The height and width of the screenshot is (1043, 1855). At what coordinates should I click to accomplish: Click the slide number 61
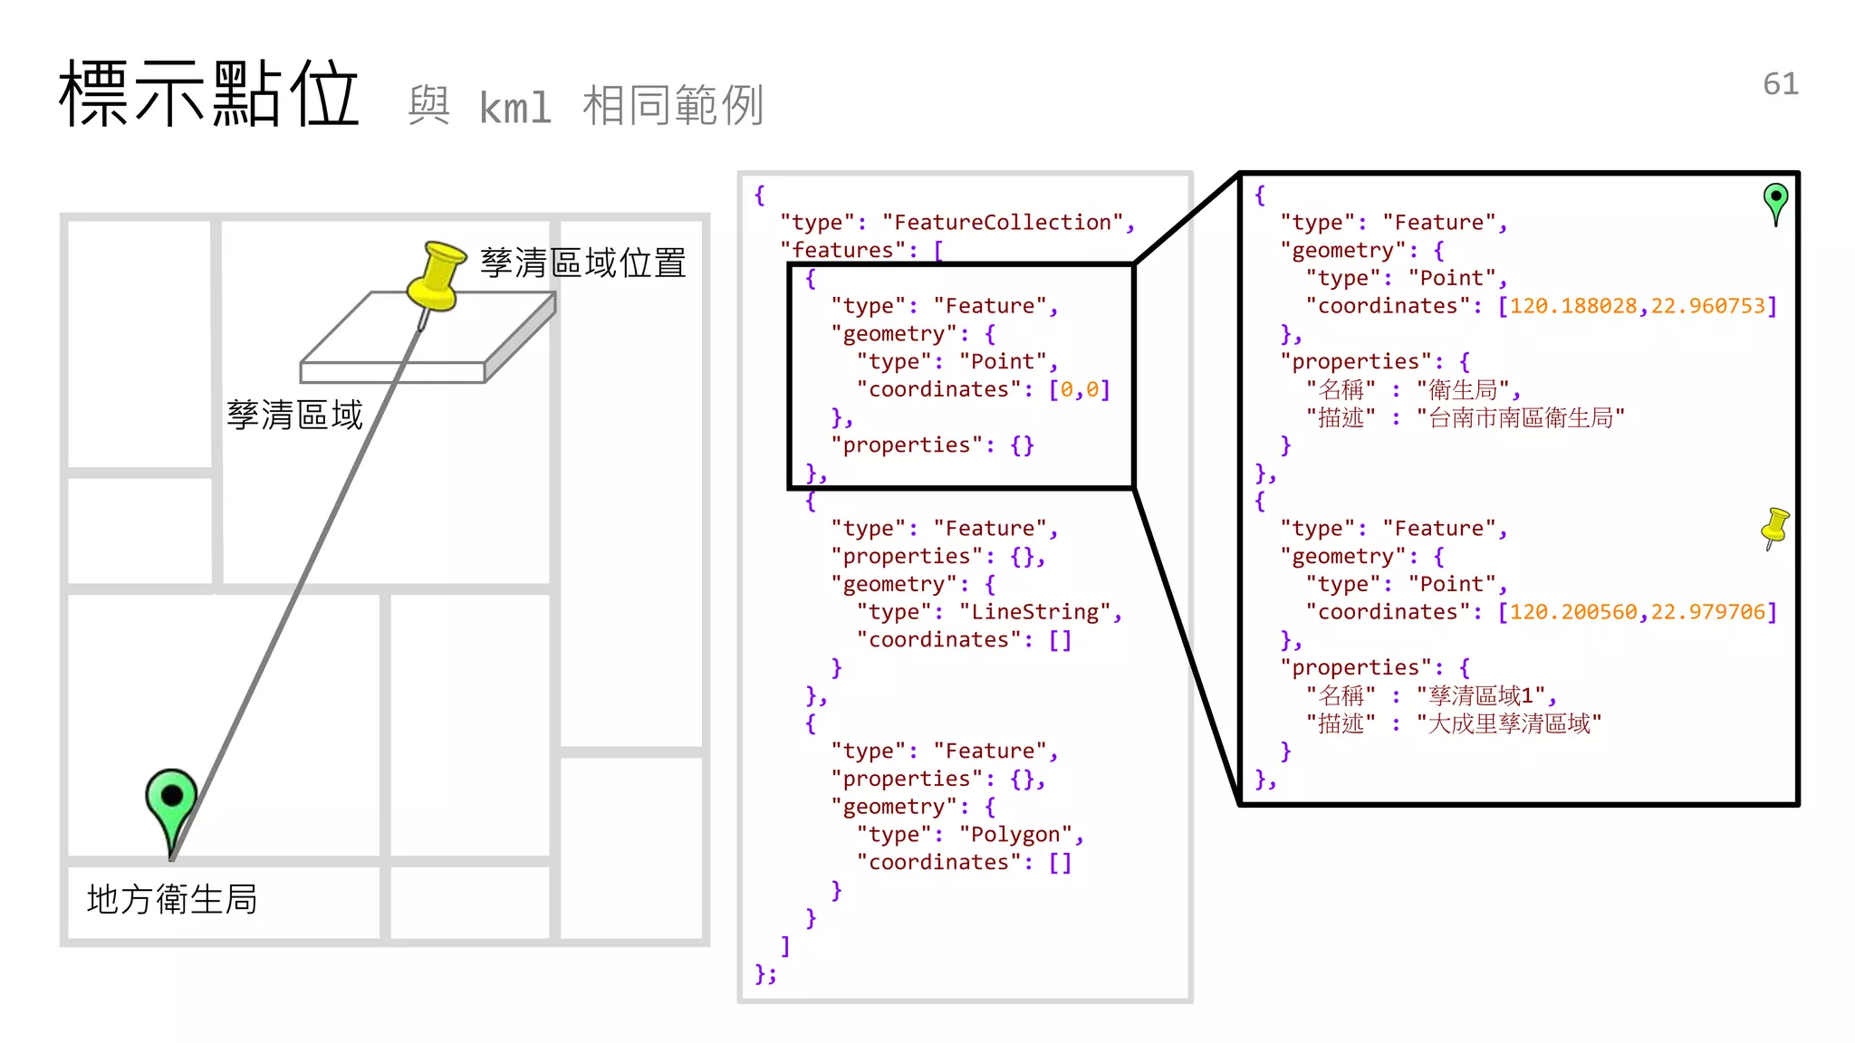[x=1780, y=83]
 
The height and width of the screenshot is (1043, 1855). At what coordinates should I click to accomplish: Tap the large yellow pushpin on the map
[x=436, y=276]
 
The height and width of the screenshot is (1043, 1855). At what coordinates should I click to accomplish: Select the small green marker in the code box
[x=1775, y=201]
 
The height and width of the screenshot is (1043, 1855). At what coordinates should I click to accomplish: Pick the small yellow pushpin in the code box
[x=1774, y=527]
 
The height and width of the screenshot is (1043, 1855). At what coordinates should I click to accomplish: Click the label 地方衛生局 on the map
[x=172, y=899]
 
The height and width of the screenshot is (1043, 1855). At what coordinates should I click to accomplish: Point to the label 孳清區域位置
[x=582, y=263]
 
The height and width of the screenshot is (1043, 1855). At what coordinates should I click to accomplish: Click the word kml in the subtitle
[x=514, y=108]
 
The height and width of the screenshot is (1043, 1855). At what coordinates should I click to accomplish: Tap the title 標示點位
[x=209, y=93]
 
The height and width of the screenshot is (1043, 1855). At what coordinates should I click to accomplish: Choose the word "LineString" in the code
[x=1034, y=612]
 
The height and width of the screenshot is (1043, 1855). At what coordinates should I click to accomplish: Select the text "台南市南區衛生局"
[x=1521, y=417]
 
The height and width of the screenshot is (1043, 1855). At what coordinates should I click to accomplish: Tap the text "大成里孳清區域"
[x=1509, y=723]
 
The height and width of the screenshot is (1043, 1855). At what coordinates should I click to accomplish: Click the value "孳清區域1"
[x=1481, y=695]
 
